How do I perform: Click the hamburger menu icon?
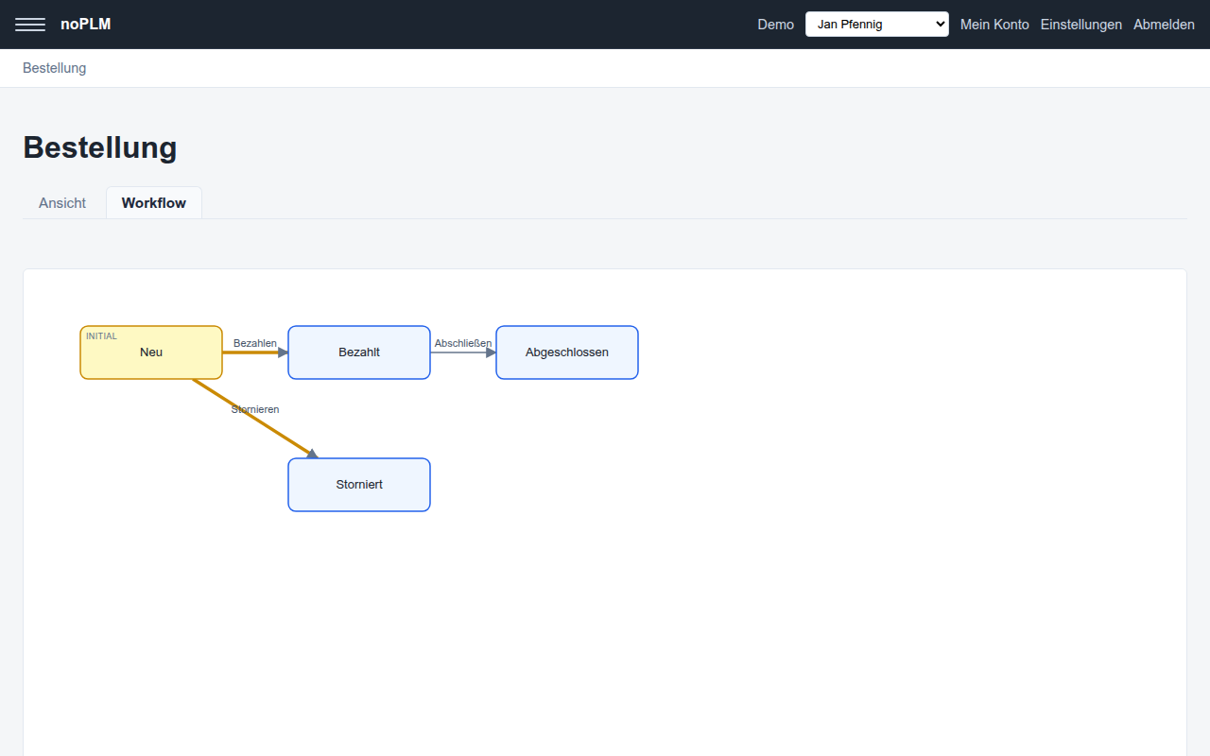30,25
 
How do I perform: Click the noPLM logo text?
85,25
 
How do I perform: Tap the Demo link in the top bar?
775,25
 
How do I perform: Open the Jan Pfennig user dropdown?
876,25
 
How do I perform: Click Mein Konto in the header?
994,25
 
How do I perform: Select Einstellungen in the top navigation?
1080,25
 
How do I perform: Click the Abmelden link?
1164,25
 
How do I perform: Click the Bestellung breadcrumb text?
54,68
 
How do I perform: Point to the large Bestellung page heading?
100,147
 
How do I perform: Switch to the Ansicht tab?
62,203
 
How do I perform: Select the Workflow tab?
154,203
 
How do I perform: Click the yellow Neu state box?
151,352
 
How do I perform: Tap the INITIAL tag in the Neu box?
101,335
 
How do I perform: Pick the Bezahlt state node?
359,352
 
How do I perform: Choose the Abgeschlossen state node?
567,352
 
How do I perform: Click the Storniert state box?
359,485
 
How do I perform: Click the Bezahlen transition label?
255,343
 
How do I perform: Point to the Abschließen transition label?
463,343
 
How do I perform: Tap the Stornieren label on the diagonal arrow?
255,409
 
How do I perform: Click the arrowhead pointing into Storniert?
312,454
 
